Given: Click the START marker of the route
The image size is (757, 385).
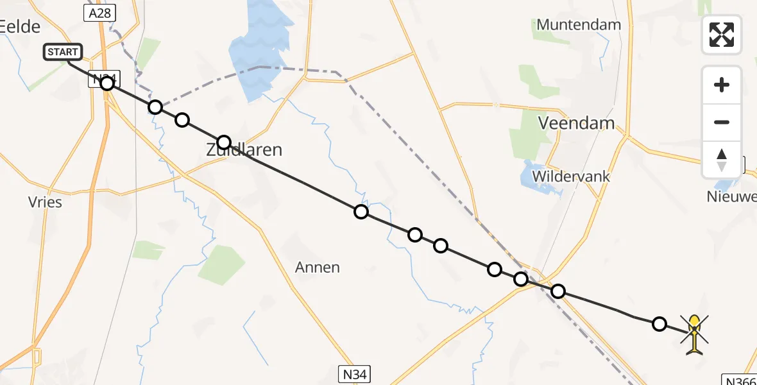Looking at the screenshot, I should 63,52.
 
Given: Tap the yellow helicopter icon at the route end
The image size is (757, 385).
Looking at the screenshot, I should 694,332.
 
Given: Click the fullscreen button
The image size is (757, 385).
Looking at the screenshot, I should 722,35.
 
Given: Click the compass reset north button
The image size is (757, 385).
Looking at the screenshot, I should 722,160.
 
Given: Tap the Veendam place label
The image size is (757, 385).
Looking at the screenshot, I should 576,123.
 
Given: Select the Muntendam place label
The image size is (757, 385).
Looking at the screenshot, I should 579,25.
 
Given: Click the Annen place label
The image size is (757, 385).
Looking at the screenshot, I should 318,267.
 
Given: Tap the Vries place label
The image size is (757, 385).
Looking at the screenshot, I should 45,202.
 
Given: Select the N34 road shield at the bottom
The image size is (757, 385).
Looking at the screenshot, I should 353,374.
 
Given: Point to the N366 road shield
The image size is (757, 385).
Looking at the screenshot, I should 740,380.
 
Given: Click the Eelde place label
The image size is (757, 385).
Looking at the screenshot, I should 21,26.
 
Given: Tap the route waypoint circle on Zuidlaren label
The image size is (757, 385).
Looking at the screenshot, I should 223,142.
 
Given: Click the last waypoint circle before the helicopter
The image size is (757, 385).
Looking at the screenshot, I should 659,323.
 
